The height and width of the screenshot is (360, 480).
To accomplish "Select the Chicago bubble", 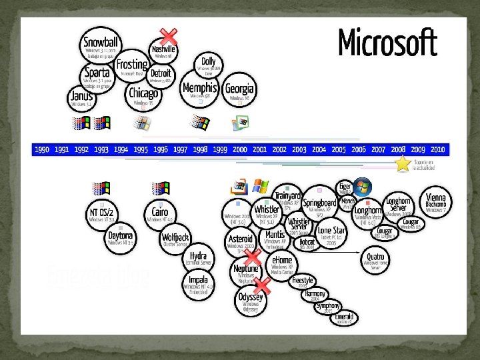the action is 144,95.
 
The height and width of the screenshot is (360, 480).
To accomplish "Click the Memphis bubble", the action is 199,90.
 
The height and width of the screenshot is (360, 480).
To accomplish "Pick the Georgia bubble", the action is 239,91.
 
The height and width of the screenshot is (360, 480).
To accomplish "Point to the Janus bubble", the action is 81,98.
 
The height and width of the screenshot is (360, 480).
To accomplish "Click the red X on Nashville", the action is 170,36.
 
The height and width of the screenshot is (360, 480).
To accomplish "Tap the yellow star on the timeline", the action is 403,164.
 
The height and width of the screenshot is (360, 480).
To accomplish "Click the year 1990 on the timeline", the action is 42,150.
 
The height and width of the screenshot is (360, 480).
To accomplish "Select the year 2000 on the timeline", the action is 240,150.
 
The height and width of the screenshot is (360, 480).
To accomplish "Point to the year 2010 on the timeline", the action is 437,150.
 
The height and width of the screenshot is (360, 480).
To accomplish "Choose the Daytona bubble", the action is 121,238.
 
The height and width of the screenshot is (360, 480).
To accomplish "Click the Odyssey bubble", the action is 251,301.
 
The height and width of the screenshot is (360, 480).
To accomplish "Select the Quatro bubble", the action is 375,257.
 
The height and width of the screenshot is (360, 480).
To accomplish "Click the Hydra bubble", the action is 198,258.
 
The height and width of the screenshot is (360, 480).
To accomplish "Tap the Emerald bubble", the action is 345,317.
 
